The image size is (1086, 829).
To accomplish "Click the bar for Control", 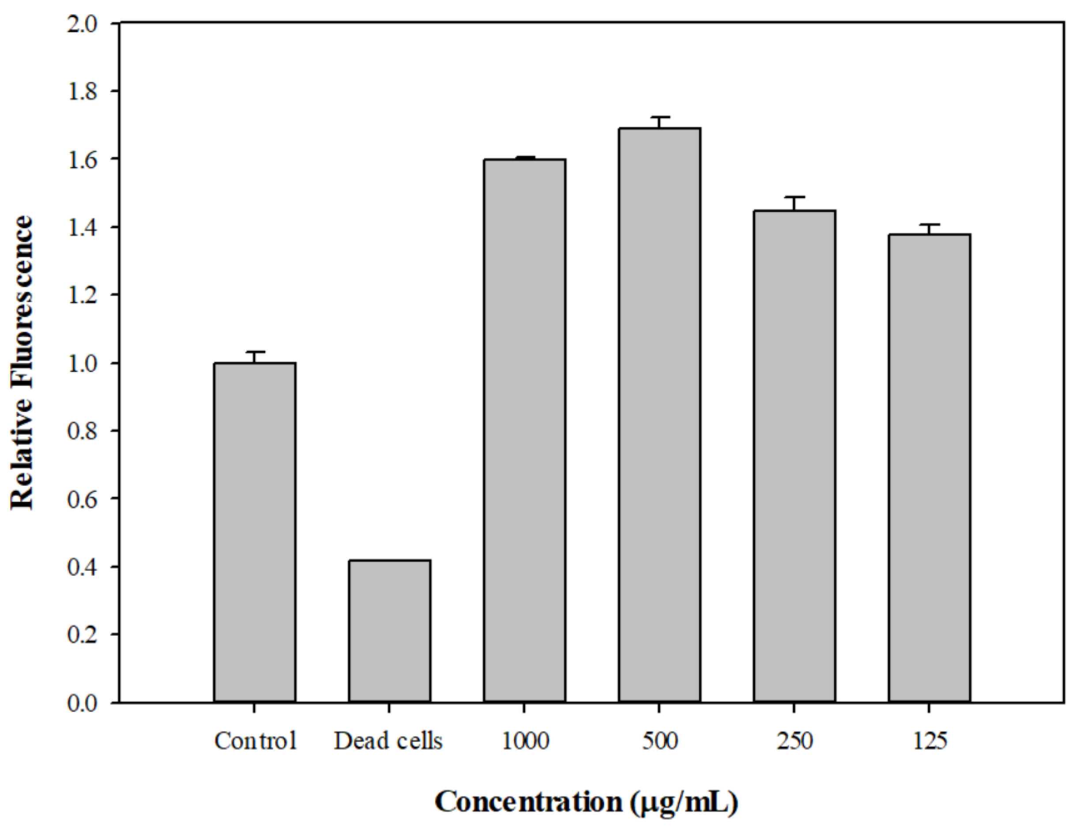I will click(255, 533).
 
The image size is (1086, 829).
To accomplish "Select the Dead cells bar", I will click(390, 631).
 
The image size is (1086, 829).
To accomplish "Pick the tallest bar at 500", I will click(659, 415).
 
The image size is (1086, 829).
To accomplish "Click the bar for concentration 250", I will click(794, 456).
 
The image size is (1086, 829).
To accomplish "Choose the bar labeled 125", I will click(929, 468).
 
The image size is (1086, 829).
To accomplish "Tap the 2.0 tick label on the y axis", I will click(83, 24).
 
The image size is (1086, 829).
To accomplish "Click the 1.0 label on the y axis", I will click(83, 363).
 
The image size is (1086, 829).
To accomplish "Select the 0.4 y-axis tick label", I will click(83, 567).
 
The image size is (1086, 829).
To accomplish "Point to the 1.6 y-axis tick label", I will click(83, 159).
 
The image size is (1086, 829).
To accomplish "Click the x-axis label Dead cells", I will click(388, 741).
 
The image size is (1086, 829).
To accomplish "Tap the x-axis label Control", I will click(255, 741).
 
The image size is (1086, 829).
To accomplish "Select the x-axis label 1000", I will click(525, 741).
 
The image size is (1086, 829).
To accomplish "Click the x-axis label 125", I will click(929, 741).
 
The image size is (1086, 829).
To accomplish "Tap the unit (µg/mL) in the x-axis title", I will click(684, 803).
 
